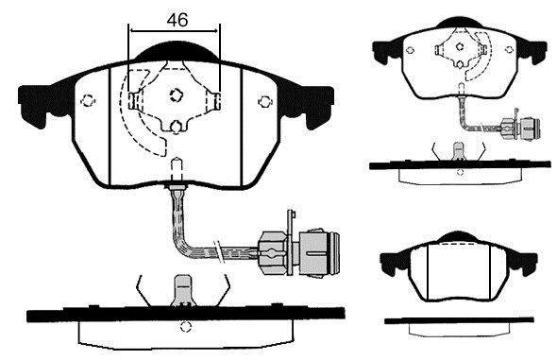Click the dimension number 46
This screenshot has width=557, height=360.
[177, 20]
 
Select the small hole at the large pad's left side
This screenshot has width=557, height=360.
[88, 101]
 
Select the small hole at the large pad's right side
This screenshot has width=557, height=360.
[265, 102]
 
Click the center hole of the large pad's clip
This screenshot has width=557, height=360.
[176, 94]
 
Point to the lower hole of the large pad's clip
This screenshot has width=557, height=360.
[176, 127]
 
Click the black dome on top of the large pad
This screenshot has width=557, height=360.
[177, 52]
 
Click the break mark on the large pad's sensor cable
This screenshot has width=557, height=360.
[219, 251]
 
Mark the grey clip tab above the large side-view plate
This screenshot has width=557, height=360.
[183, 291]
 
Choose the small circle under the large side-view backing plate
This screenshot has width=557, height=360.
[185, 327]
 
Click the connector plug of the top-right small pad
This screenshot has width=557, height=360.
[520, 127]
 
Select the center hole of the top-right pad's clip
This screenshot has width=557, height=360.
[460, 46]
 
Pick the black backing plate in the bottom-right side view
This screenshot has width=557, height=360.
[459, 320]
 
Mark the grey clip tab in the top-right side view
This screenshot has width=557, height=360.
[459, 150]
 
